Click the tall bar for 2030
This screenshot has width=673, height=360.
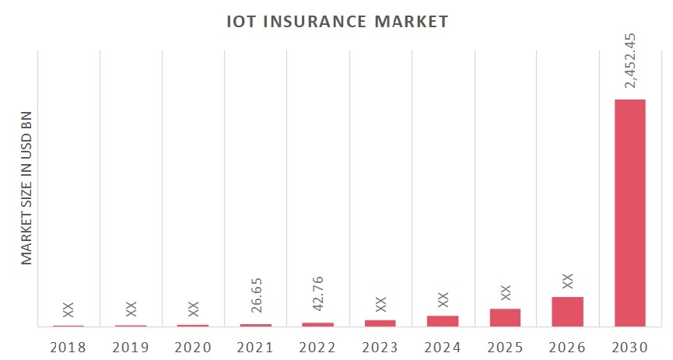[630, 212]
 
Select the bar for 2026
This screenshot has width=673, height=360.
[567, 311]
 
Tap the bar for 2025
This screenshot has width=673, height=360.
[505, 317]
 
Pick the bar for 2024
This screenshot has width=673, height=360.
[443, 320]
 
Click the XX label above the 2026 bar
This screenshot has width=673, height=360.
[567, 280]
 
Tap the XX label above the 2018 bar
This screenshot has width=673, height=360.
[68, 309]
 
